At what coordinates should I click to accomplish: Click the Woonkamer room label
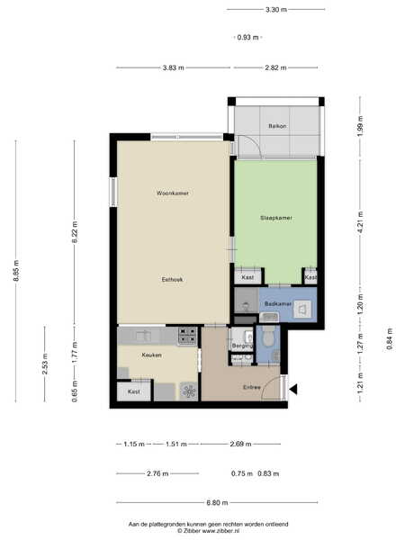pos(173,193)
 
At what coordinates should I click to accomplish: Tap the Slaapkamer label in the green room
pos(276,218)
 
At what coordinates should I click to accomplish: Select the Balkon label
pos(277,126)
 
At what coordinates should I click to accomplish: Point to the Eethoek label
pos(172,280)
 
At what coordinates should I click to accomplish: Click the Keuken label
pos(151,355)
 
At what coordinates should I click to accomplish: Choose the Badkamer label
pos(278,304)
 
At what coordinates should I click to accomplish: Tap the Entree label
pos(252,387)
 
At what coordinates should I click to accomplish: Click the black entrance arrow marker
pos(293,390)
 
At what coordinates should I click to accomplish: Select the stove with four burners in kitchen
pos(188,336)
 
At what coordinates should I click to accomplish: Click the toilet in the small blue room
pos(267,336)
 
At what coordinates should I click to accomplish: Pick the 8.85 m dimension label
pos(16,271)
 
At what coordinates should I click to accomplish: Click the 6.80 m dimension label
pos(217,502)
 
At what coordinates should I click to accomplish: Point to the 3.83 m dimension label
pos(173,67)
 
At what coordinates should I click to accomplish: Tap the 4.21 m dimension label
pos(360,222)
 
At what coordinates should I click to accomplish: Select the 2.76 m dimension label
pos(157,473)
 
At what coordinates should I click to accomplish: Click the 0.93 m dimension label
pos(247,37)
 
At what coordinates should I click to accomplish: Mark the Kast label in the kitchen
pos(133,391)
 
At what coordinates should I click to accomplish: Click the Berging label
pos(242,346)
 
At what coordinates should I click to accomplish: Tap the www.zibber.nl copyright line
pos(209,531)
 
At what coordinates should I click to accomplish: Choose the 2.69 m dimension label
pos(240,444)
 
